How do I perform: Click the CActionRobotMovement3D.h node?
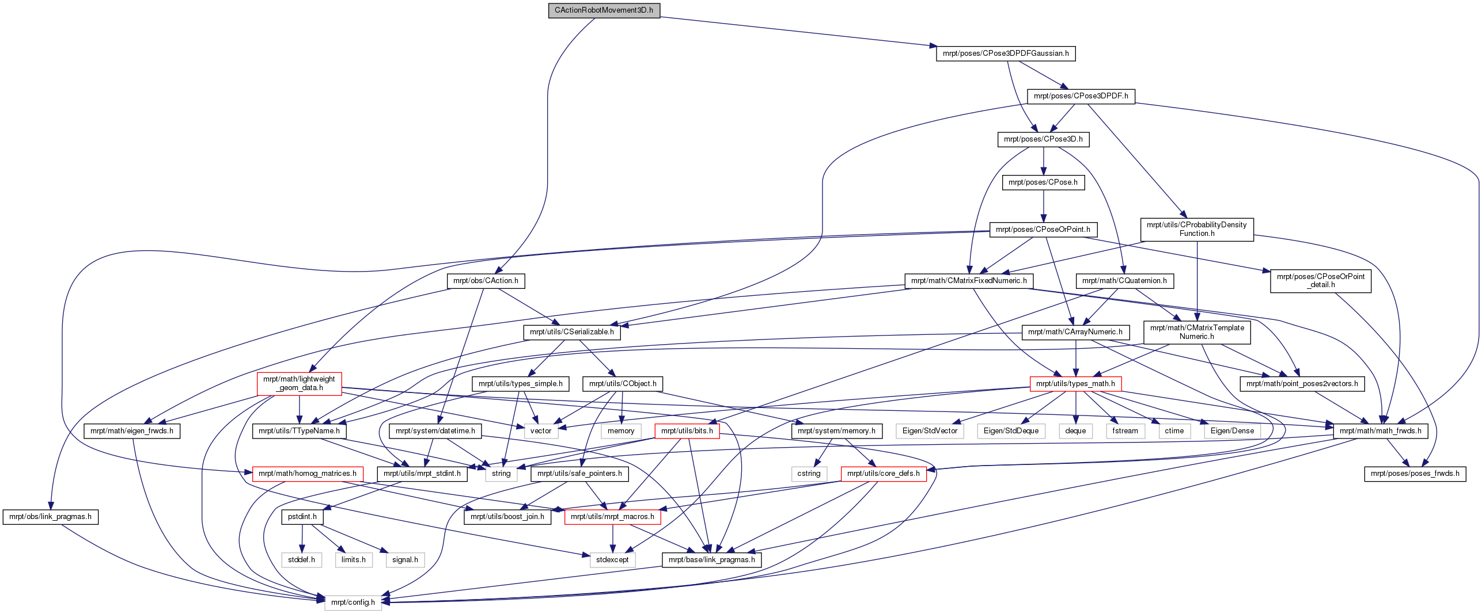pos(604,10)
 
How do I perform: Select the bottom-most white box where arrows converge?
pos(353,602)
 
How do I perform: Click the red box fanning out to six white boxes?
pos(1075,384)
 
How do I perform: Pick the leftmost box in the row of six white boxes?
pos(930,431)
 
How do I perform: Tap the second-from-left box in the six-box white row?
pos(1011,431)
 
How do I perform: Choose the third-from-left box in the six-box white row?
pos(1075,431)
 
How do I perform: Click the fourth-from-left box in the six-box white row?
pos(1125,431)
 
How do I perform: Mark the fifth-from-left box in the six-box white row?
pos(1174,431)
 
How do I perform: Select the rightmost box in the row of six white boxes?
pos(1232,431)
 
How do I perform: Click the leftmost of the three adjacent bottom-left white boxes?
pos(301,560)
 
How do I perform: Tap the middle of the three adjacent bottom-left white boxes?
pos(354,560)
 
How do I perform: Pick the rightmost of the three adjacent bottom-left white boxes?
pos(405,560)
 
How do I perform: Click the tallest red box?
pos(299,384)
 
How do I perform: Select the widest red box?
pos(308,474)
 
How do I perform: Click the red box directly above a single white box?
pos(612,517)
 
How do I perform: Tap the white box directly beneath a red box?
pos(612,560)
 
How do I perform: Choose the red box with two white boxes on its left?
pos(687,431)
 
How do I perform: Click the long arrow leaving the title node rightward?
pos(795,31)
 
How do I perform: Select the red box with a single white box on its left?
pos(884,474)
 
